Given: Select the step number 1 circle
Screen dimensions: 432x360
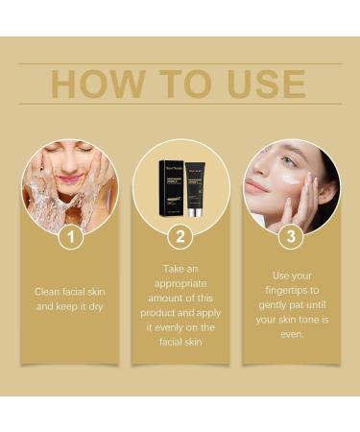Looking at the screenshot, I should click(70, 235).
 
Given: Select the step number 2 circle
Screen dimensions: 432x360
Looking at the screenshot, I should click(180, 235).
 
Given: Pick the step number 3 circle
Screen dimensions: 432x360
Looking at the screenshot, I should click(291, 235).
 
